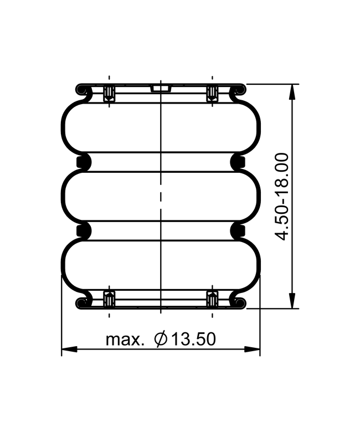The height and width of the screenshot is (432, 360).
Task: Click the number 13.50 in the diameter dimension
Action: click(194, 339)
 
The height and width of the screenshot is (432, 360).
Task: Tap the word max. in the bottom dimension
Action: click(125, 340)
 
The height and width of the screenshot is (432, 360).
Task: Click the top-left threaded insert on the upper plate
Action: click(109, 94)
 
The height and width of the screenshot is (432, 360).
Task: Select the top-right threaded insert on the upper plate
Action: click(212, 94)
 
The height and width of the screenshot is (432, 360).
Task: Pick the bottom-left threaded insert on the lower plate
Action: click(109, 299)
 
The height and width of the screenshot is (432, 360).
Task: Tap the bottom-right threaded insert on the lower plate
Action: click(212, 299)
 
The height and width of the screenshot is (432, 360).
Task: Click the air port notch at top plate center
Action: click(161, 89)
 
